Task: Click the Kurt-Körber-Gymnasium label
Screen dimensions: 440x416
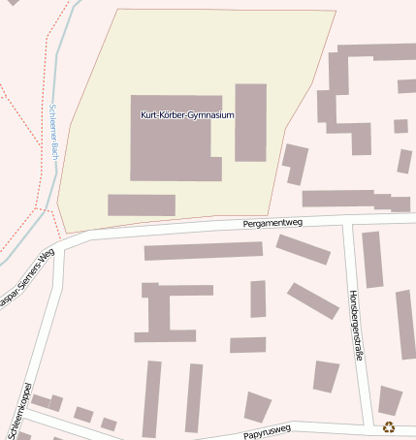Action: click(187, 115)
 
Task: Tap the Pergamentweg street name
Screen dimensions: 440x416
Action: click(272, 223)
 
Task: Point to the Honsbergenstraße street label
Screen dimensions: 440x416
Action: click(356, 326)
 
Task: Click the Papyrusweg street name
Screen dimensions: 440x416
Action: click(268, 434)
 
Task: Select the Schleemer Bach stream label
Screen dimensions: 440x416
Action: click(54, 131)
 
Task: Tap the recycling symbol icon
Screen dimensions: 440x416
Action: click(389, 426)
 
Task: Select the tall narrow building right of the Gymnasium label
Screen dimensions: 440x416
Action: click(250, 122)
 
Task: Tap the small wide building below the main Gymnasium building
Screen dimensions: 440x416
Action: click(142, 204)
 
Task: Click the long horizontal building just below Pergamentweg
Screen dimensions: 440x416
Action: click(203, 251)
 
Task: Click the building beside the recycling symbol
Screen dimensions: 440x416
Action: click(390, 399)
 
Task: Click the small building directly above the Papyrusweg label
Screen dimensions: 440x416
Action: click(257, 406)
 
